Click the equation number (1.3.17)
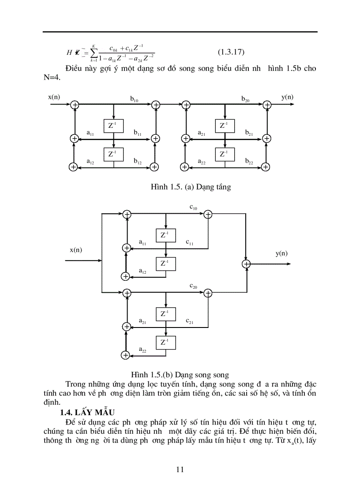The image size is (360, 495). click(231, 52)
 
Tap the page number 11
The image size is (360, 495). click(180, 469)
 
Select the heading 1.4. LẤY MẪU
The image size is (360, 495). click(87, 412)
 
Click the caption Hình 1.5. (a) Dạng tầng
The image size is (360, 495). click(191, 187)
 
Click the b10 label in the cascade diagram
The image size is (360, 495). click(134, 100)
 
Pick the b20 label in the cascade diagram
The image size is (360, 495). click(245, 100)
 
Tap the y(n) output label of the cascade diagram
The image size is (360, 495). click(287, 97)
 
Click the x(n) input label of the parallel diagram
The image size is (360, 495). click(76, 249)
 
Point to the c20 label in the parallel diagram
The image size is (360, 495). click(193, 286)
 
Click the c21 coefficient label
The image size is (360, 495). click(190, 322)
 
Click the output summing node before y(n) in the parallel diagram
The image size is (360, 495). click(246, 264)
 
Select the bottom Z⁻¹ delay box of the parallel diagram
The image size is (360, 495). click(165, 342)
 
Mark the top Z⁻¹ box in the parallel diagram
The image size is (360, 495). click(165, 235)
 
